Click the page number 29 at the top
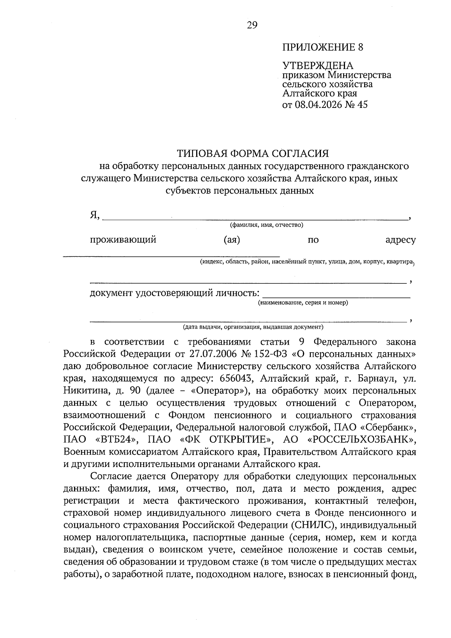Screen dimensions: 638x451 pyautogui.click(x=252, y=25)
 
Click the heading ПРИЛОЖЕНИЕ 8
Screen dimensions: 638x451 pyautogui.click(x=323, y=47)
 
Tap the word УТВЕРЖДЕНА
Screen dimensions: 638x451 pyautogui.click(x=318, y=66)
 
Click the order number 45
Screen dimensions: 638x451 pyautogui.click(x=363, y=105)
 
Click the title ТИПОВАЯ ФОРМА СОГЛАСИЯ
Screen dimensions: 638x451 pyautogui.click(x=253, y=153)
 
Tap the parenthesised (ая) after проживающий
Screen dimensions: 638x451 pyautogui.click(x=232, y=240)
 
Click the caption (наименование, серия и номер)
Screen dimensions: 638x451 pyautogui.click(x=303, y=303)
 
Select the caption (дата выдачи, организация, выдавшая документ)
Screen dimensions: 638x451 pyautogui.click(x=253, y=327)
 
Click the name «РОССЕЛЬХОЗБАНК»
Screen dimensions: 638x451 pyautogui.click(x=361, y=439)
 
